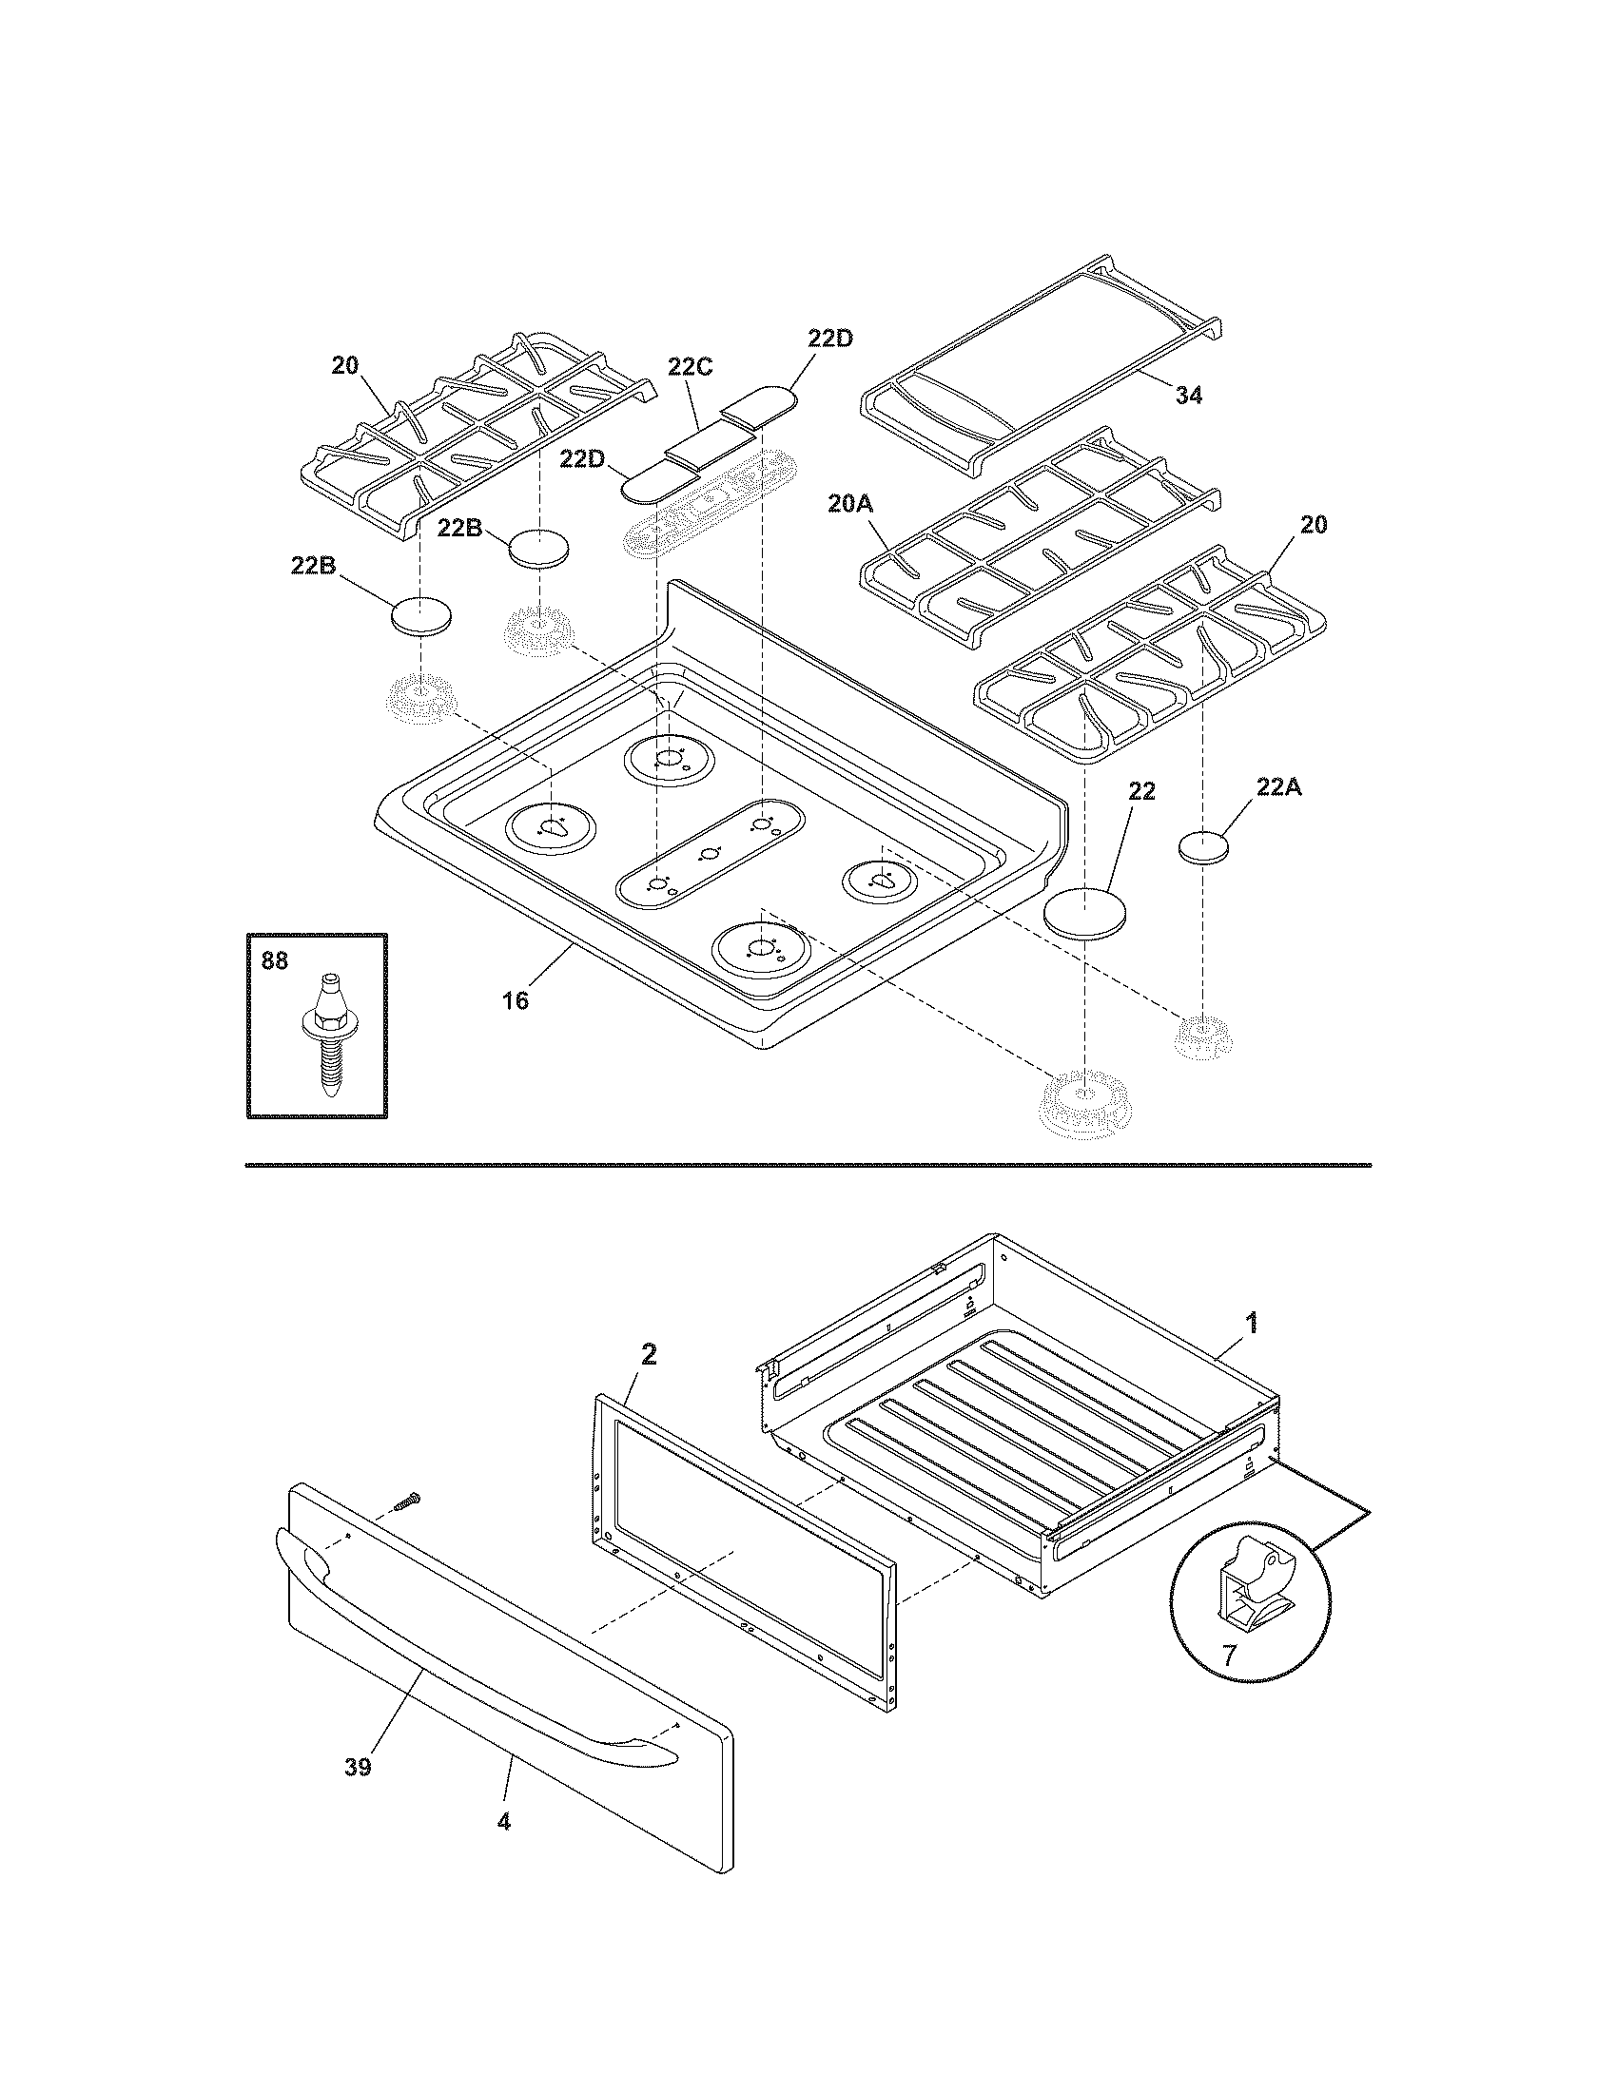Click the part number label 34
pos(1189,395)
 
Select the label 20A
pos(850,504)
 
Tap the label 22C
pos(691,367)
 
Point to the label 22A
pos(1277,787)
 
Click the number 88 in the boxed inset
pos(275,960)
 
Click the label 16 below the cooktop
pos(516,1001)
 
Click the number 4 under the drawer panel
pos(504,1849)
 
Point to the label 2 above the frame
pos(649,1354)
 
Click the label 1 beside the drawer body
pos(1251,1324)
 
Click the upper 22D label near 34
pos(829,339)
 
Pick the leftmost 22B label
pos(313,566)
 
